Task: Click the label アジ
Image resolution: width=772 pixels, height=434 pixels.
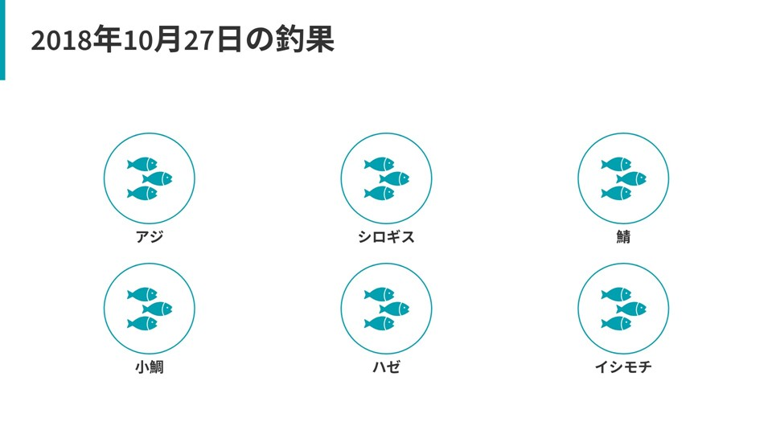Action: tap(149, 237)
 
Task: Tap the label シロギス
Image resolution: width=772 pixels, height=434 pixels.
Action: tap(386, 237)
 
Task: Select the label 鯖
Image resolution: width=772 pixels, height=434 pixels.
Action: tap(623, 237)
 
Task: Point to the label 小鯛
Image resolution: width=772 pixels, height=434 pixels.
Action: tap(149, 367)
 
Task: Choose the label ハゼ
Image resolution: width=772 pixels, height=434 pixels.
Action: tap(386, 367)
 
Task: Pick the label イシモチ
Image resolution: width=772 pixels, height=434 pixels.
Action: tap(623, 367)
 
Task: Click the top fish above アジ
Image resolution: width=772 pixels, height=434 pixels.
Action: tap(142, 164)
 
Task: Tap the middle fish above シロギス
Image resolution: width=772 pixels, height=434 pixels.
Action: tap(394, 178)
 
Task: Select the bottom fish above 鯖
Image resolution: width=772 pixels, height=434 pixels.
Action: tap(616, 193)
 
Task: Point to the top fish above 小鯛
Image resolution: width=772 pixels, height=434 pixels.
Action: tap(142, 294)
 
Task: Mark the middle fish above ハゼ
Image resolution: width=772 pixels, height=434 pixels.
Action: tap(394, 309)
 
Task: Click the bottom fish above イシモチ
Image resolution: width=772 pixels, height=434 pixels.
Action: tap(616, 323)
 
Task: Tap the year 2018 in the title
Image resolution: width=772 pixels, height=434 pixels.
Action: tap(61, 40)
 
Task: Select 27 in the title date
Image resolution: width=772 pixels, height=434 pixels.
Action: tap(199, 40)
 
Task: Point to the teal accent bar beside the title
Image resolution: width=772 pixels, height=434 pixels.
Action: tap(2, 40)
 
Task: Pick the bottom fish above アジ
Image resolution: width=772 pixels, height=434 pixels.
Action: tap(142, 193)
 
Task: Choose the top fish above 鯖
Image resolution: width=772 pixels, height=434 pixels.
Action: tap(616, 164)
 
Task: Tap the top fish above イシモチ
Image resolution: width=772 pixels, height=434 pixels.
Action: tap(616, 294)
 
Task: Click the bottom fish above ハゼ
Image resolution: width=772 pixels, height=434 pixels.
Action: tap(379, 323)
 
